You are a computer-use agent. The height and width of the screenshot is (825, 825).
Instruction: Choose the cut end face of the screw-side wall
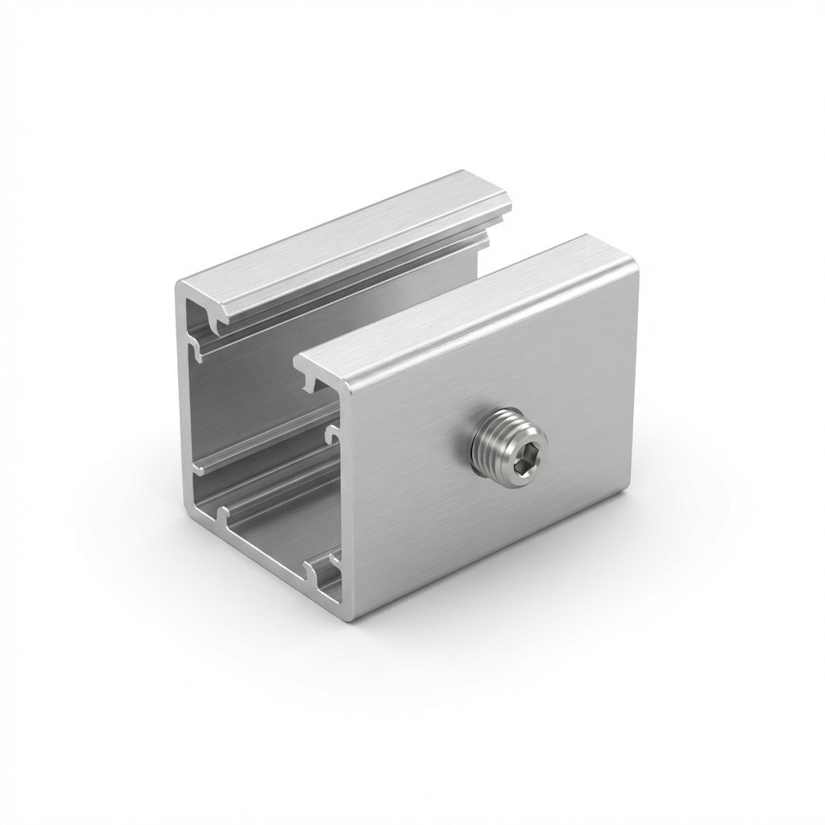tap(348, 500)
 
